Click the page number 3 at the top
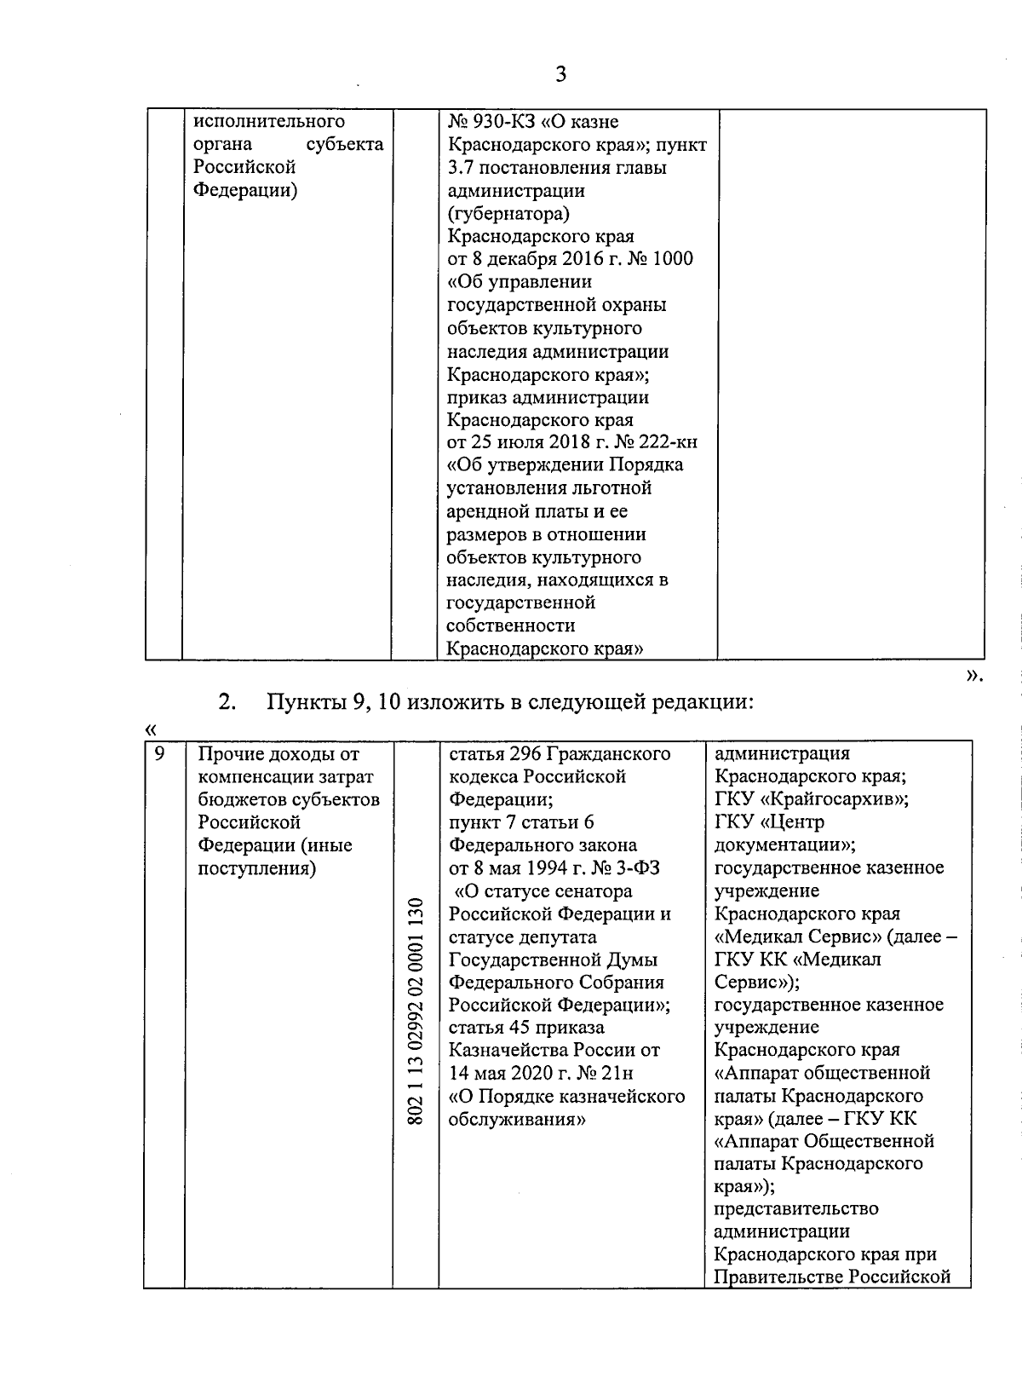[x=560, y=74]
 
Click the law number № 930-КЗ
[x=487, y=122]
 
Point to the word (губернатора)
[x=508, y=213]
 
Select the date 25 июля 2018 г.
[x=543, y=442]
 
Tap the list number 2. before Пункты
[x=227, y=702]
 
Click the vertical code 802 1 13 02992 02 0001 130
[x=416, y=1011]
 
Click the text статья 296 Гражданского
[x=559, y=754]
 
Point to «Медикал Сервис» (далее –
[x=835, y=937]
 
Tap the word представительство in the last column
[x=796, y=1209]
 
